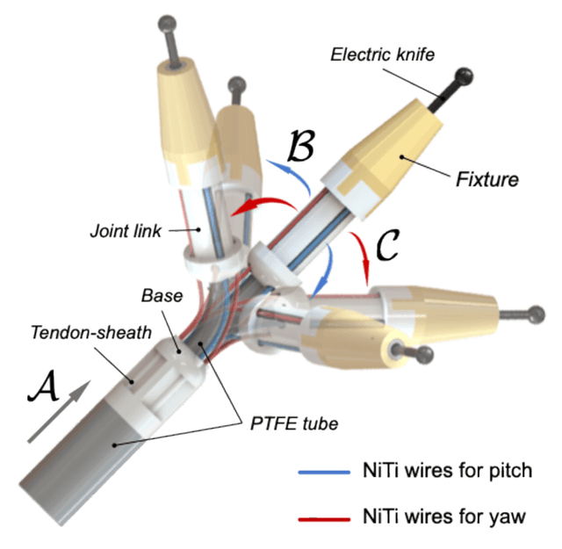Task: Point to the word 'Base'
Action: [161, 297]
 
